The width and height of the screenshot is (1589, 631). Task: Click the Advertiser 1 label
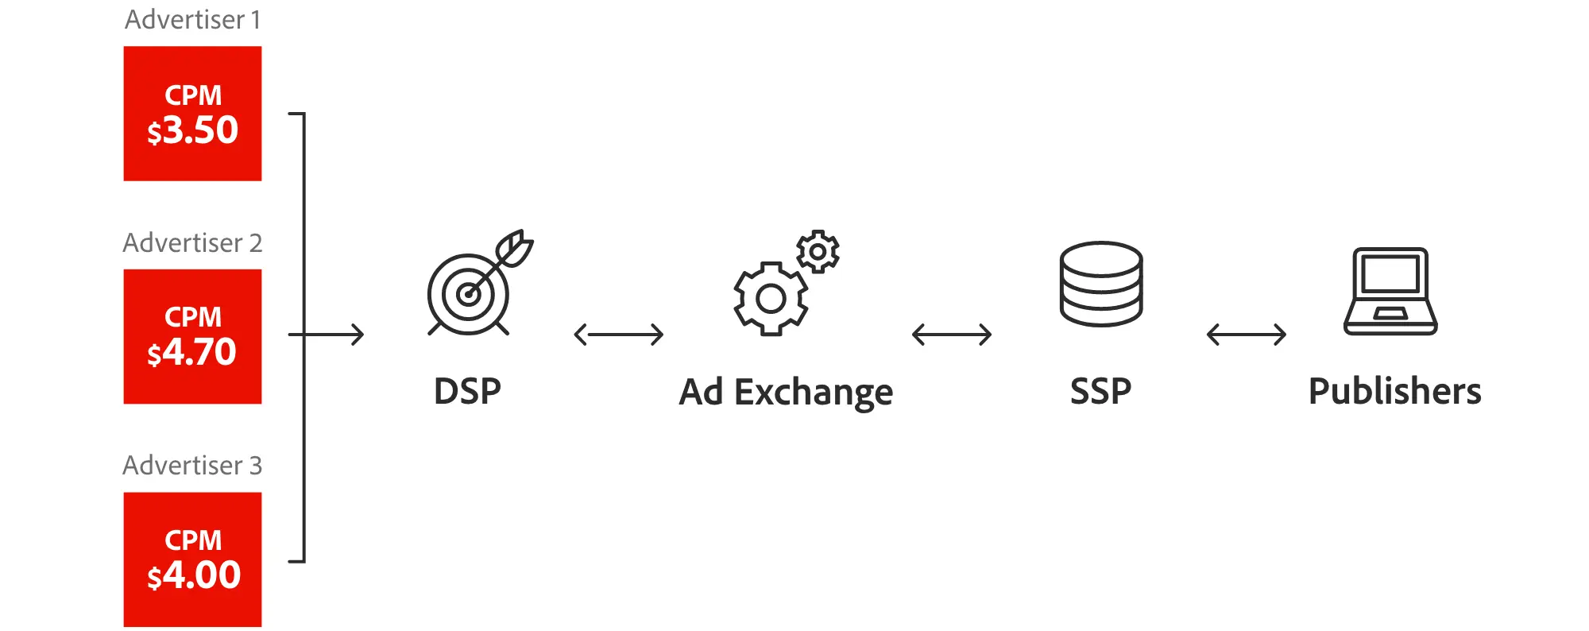(192, 19)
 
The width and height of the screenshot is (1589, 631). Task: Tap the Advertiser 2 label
(192, 242)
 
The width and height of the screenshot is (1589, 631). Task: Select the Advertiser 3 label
(192, 465)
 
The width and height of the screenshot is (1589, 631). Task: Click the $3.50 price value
(193, 130)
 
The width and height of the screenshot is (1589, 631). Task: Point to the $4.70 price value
(192, 352)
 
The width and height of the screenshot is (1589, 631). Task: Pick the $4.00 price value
(194, 575)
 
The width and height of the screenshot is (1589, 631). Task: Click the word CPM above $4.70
(193, 317)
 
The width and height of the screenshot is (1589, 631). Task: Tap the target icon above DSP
(468, 294)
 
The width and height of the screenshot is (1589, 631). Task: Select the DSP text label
(467, 391)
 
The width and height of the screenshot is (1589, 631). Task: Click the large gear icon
(770, 298)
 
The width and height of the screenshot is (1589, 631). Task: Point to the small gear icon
(818, 252)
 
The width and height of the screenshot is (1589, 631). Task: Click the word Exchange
(813, 393)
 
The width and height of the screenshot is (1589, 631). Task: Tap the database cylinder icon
(1101, 284)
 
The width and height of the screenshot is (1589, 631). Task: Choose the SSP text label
(1100, 391)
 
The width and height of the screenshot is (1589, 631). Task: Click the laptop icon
(1390, 292)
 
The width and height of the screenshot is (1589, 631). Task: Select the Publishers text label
(1394, 391)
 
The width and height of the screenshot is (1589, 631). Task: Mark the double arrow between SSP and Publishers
(1246, 335)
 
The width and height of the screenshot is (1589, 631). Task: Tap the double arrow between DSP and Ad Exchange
(618, 335)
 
